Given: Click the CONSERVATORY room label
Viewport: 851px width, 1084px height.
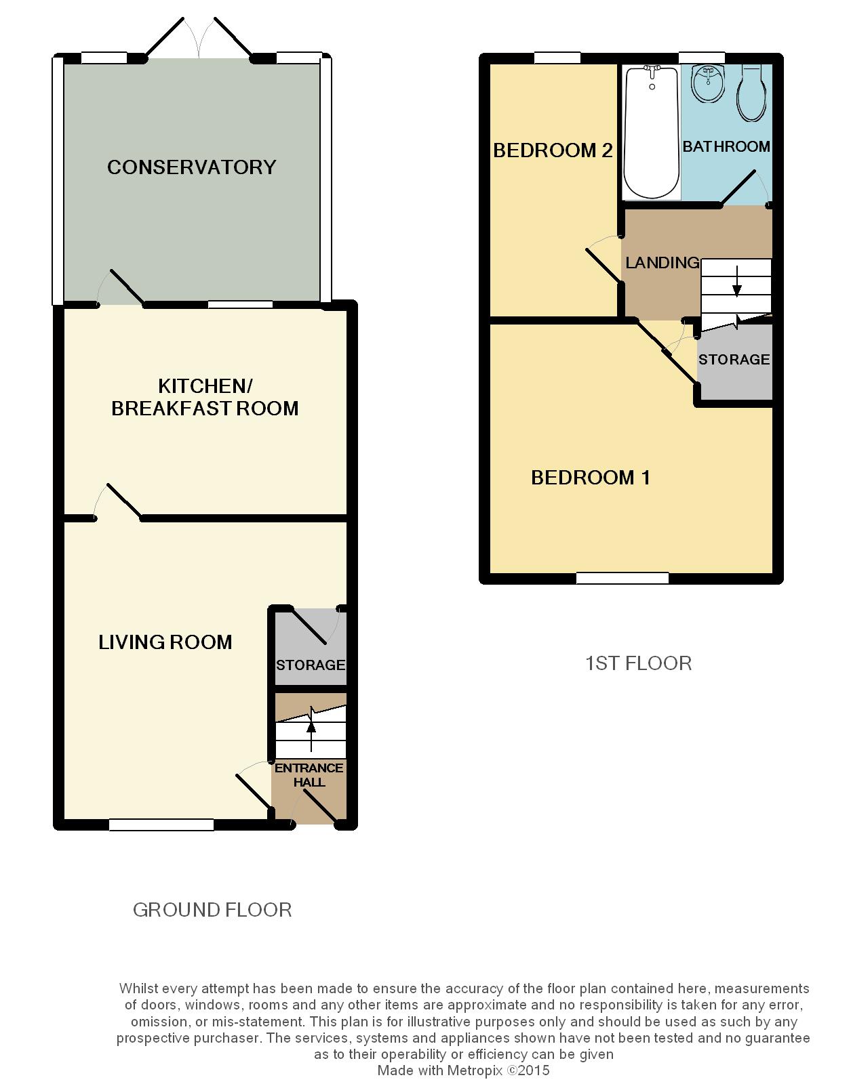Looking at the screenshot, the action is click(192, 167).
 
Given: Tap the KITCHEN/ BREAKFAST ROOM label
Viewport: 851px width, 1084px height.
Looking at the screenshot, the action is click(205, 397).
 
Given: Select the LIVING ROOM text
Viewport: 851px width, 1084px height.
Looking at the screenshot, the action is click(165, 642).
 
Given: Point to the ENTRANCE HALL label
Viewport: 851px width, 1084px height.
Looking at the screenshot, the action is click(309, 774).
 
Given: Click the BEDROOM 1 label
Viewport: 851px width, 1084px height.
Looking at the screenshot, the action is click(591, 478).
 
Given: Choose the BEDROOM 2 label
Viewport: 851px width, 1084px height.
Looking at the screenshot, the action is click(553, 150).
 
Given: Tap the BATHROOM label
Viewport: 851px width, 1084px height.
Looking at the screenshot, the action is click(726, 146).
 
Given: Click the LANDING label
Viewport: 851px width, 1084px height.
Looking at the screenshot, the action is click(662, 262).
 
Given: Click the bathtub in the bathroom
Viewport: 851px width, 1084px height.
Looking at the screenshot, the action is click(652, 133).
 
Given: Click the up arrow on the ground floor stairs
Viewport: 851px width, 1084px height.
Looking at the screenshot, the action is click(311, 731).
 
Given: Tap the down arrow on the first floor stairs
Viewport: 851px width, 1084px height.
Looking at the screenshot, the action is click(736, 282).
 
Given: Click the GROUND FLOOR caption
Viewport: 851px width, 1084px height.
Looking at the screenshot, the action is click(212, 910).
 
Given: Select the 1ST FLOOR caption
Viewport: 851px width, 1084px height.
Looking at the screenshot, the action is click(638, 663).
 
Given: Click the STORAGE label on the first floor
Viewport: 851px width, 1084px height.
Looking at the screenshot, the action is click(734, 359).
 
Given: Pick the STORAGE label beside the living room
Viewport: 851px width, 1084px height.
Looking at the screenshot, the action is click(311, 665).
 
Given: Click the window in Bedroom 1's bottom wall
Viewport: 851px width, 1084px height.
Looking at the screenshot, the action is click(622, 578).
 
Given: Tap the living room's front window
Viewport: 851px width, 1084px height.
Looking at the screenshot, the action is click(161, 825).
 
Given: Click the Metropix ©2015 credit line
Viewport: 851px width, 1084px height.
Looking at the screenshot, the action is click(463, 1070).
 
